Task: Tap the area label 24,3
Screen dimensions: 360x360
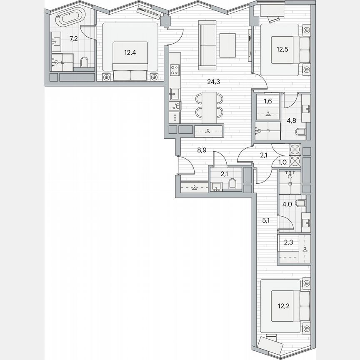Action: coord(213,82)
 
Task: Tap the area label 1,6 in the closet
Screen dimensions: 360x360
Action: coord(267,101)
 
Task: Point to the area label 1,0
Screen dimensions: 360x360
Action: coord(282,162)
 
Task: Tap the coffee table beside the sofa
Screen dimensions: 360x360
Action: coord(227,45)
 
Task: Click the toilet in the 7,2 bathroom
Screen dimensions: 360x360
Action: coord(85,62)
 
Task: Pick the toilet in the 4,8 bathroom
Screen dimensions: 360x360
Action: coord(300,133)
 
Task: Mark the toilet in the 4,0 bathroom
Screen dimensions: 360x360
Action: coord(300,204)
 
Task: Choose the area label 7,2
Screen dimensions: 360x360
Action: coord(74,39)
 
